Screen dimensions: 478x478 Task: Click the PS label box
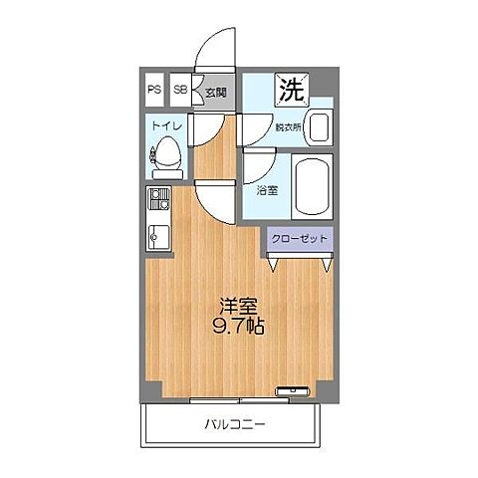tap(154, 89)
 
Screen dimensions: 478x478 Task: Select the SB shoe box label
tap(180, 89)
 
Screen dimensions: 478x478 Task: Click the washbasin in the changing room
tap(319, 126)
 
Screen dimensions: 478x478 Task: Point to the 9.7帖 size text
tap(237, 327)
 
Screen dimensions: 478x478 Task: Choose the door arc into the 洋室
tap(214, 204)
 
